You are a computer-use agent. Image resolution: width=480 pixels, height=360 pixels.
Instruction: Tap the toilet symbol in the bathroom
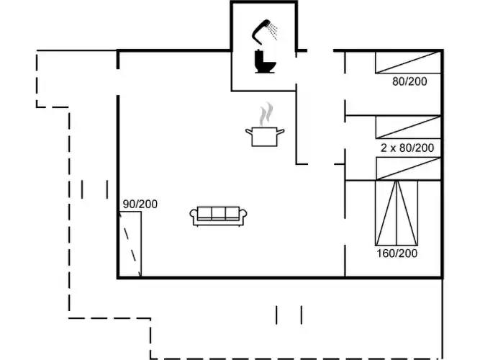(x=265, y=62)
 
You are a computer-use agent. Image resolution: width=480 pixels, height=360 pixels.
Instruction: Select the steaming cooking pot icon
(x=265, y=125)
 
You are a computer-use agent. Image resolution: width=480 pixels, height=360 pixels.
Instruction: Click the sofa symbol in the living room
(x=218, y=216)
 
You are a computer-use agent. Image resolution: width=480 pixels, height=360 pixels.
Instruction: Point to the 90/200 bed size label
(x=140, y=204)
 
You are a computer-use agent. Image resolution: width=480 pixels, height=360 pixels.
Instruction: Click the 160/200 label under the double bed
(x=397, y=253)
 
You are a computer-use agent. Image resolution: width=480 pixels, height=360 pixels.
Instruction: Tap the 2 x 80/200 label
(x=407, y=148)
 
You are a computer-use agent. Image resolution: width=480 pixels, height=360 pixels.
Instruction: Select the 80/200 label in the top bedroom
(x=409, y=81)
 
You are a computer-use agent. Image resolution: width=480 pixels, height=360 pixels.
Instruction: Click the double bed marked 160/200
(x=397, y=213)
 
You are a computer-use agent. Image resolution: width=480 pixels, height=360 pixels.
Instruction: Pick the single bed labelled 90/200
(x=130, y=244)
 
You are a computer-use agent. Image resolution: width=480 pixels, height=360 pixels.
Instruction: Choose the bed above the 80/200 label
(x=408, y=63)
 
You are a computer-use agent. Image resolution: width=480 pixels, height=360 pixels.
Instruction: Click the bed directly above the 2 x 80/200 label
(x=408, y=127)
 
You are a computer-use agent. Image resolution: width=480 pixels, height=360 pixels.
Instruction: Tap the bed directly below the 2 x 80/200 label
(x=408, y=168)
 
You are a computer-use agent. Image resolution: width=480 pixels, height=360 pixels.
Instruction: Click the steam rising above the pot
(x=266, y=114)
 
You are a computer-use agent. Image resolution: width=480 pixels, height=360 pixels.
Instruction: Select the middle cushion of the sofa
(x=218, y=212)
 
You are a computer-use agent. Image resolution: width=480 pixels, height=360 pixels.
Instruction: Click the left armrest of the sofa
(x=194, y=215)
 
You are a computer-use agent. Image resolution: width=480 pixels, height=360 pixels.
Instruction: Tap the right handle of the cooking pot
(x=281, y=132)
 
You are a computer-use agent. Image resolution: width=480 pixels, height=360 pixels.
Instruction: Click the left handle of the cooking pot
(x=249, y=132)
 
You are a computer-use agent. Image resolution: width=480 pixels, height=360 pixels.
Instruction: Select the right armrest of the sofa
(x=243, y=215)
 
